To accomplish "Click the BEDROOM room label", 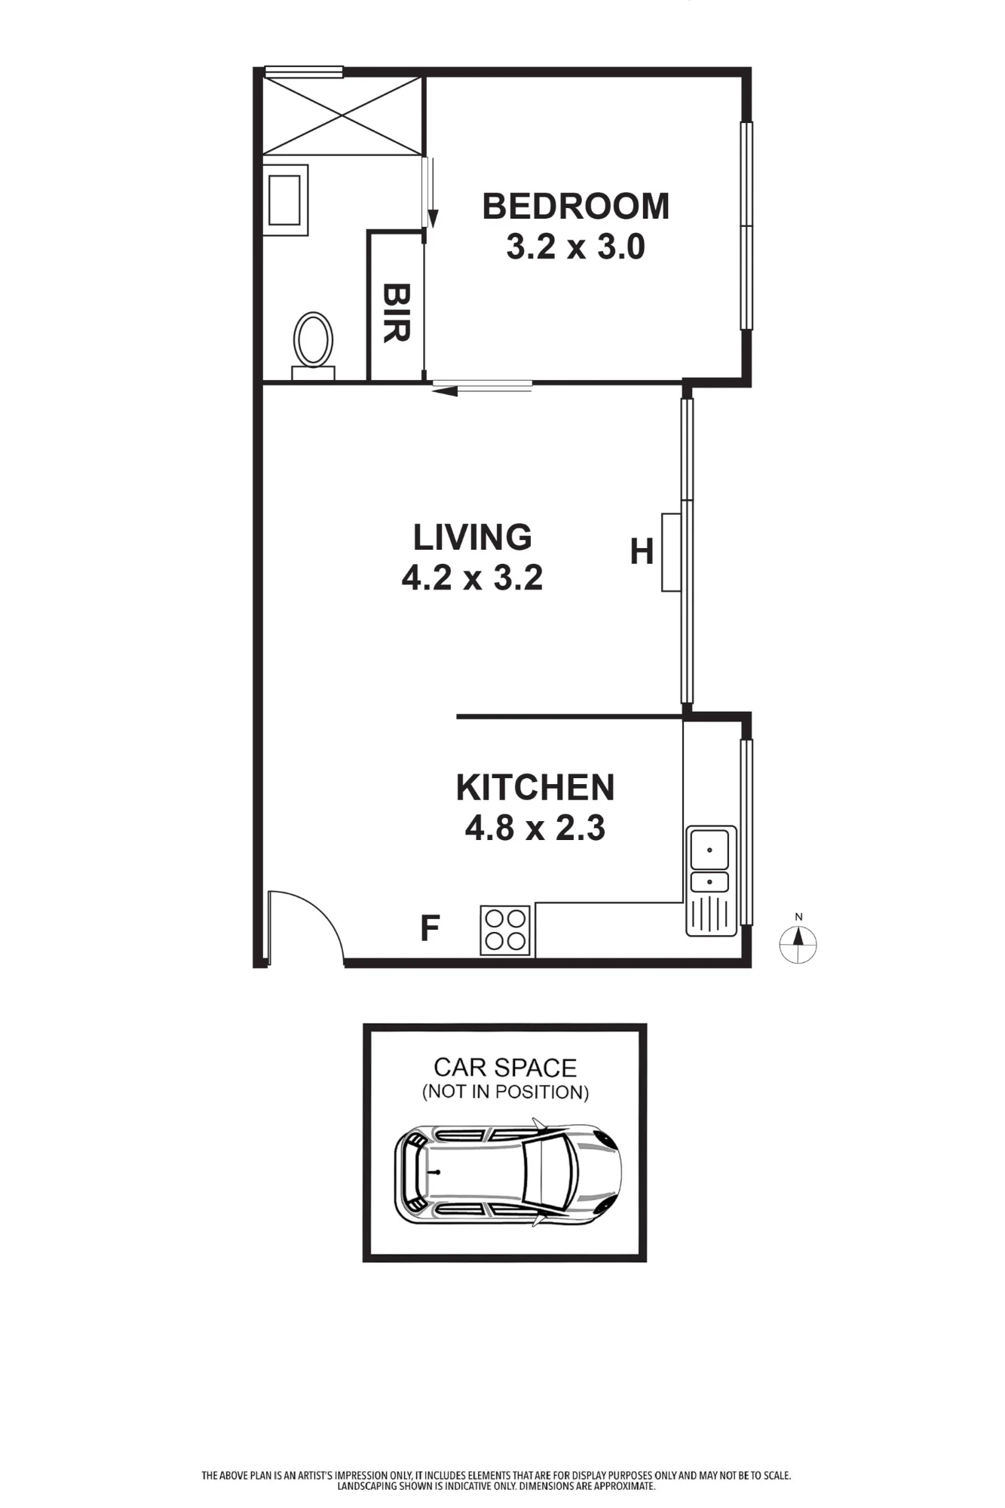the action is tap(575, 207).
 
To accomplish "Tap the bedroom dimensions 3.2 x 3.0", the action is tap(575, 247).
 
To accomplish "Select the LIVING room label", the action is tap(473, 537).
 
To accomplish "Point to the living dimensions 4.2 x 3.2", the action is tap(472, 578).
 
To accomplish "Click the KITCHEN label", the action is tap(535, 787).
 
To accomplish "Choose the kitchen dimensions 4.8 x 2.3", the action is tap(535, 828).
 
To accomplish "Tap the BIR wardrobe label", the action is tap(396, 313).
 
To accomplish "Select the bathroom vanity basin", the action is tap(286, 200).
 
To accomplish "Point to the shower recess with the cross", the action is tap(343, 115).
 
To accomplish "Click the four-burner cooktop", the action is tap(505, 930).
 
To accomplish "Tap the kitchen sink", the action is tap(711, 881).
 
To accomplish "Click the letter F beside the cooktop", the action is tap(430, 928).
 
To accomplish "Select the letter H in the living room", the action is tap(642, 552).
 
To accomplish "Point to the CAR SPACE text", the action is tap(505, 1068).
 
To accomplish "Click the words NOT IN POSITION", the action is tap(505, 1092).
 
